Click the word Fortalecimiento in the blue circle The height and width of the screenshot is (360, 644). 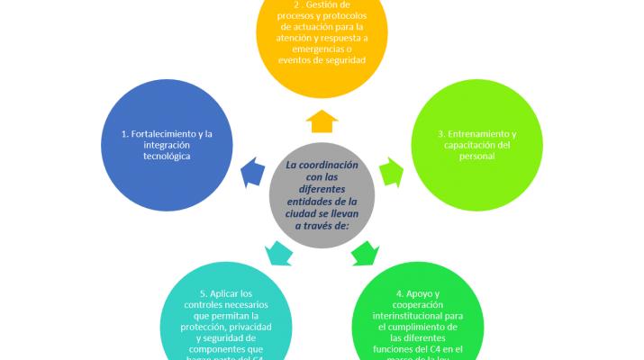click(161, 135)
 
